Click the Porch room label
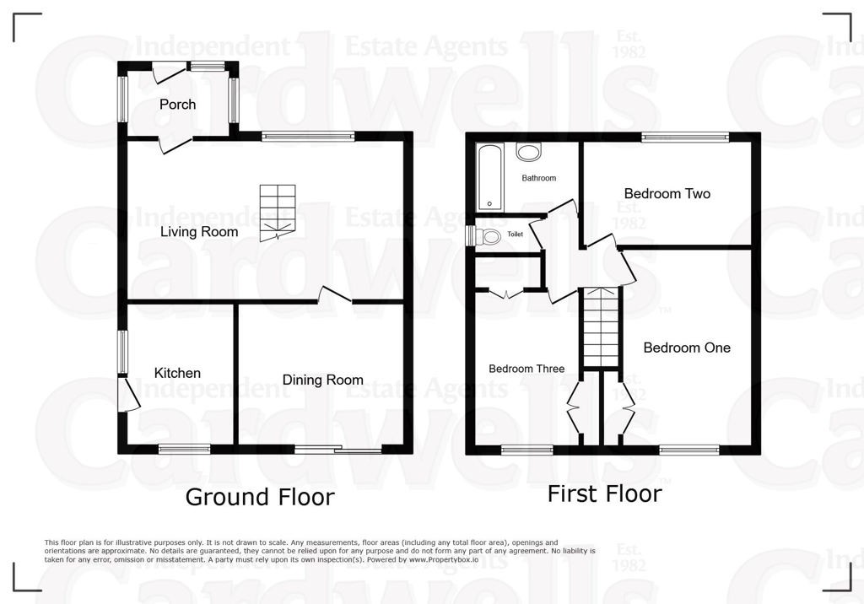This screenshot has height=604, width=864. pyautogui.click(x=177, y=104)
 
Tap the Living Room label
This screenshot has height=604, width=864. pyautogui.click(x=199, y=231)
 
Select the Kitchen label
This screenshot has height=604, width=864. pyautogui.click(x=177, y=373)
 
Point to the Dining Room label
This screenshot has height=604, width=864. pyautogui.click(x=323, y=380)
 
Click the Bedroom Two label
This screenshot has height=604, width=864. pyautogui.click(x=667, y=193)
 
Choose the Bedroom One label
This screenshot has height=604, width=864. pyautogui.click(x=687, y=348)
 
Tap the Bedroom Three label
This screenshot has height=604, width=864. pyautogui.click(x=526, y=369)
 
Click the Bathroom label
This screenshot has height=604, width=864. pyautogui.click(x=539, y=178)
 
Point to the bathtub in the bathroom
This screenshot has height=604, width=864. pyautogui.click(x=490, y=177)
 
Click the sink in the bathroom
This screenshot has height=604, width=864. pyautogui.click(x=529, y=152)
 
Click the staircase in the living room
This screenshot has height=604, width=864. pyautogui.click(x=278, y=213)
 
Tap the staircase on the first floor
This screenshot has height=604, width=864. pyautogui.click(x=601, y=326)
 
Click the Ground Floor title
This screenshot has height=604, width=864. pyautogui.click(x=260, y=497)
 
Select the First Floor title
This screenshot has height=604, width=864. pyautogui.click(x=604, y=493)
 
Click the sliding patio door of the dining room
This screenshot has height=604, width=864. pyautogui.click(x=338, y=449)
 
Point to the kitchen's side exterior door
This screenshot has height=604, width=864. pyautogui.click(x=128, y=393)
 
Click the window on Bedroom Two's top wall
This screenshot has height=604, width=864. pyautogui.click(x=685, y=136)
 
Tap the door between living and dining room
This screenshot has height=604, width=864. pyautogui.click(x=334, y=295)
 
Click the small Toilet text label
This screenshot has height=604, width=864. pyautogui.click(x=516, y=235)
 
